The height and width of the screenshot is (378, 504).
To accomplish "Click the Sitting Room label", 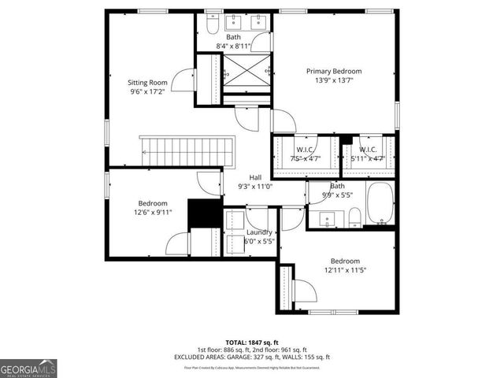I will (147, 82).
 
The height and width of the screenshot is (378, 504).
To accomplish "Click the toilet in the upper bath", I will (212, 26).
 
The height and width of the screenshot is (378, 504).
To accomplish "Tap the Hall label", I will (255, 177).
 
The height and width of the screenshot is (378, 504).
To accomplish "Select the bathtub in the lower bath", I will (380, 203).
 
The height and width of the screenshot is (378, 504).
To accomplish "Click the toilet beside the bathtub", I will (355, 216).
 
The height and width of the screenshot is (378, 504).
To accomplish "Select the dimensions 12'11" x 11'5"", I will (345, 271).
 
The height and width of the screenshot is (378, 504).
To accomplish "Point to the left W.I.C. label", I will (305, 150).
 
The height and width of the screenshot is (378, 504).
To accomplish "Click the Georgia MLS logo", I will (28, 367).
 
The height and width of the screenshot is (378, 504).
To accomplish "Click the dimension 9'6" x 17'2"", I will (147, 91).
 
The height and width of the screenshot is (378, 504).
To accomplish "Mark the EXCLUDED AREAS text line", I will (251, 357).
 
